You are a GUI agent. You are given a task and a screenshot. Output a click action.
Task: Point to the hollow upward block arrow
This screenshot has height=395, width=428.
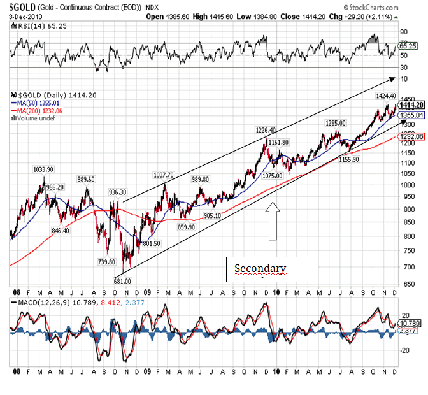pos(272,220)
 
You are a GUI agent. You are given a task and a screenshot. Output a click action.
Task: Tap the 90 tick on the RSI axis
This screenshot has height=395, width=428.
pos(404,31)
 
